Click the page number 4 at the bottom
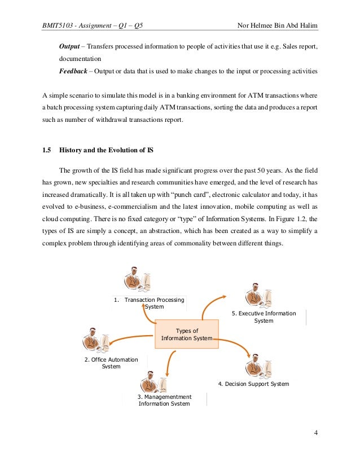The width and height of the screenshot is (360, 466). coord(316,433)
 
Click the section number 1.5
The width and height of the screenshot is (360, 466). coord(47,151)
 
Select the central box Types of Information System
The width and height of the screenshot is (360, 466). coord(187,335)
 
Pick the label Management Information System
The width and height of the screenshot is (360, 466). coord(164,400)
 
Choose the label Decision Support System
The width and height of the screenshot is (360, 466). coord(253,384)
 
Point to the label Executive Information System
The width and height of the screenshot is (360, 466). coord(264,316)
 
